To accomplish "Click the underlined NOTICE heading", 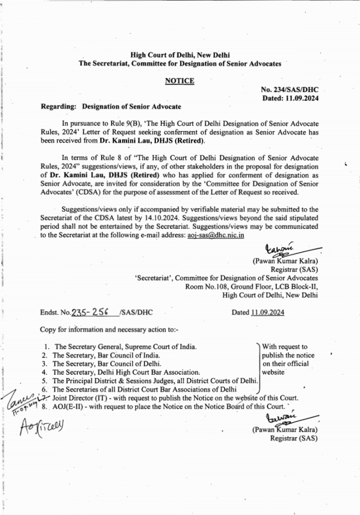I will (x=180, y=80).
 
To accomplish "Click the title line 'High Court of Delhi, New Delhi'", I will (x=180, y=55).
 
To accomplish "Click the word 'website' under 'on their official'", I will (x=274, y=372).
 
